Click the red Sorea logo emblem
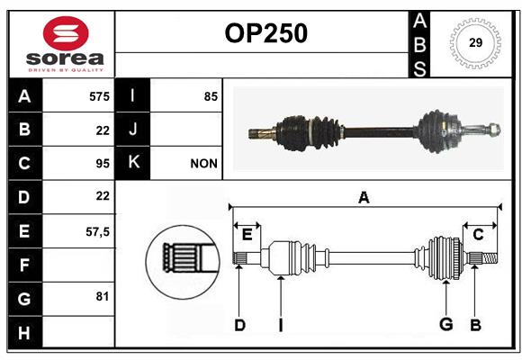[x=66, y=33]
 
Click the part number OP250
[x=266, y=33]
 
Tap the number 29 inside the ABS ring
[x=475, y=42]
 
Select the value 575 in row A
[x=99, y=96]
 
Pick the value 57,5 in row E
[x=97, y=231]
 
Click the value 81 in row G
[x=103, y=296]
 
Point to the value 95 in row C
[x=103, y=164]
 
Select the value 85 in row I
[x=211, y=96]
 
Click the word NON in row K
[x=203, y=164]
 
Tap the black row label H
[x=24, y=332]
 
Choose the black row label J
[x=132, y=129]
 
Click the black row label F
[x=24, y=265]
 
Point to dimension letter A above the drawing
[x=364, y=198]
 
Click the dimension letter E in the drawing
[x=247, y=235]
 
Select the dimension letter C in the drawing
[x=478, y=235]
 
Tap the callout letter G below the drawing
[x=446, y=324]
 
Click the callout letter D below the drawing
[x=239, y=325]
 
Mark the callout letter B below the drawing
[x=475, y=325]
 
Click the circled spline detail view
[x=183, y=262]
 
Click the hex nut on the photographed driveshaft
[x=494, y=130]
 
